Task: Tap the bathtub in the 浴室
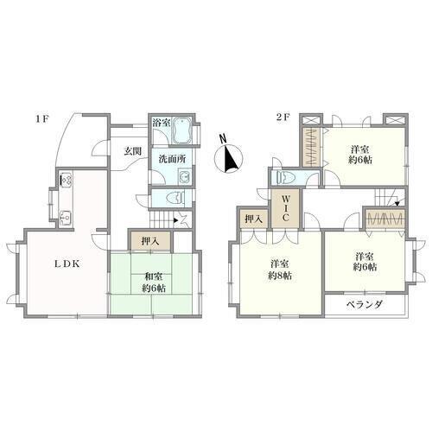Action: pyautogui.click(x=182, y=130)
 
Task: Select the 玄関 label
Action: pyautogui.click(x=133, y=151)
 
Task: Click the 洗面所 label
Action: pyautogui.click(x=172, y=159)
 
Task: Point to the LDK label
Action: pyautogui.click(x=67, y=264)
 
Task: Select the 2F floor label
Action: pyautogui.click(x=283, y=118)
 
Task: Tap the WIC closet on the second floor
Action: pyautogui.click(x=286, y=208)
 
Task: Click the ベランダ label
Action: pyautogui.click(x=365, y=304)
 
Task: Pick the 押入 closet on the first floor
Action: pyautogui.click(x=150, y=241)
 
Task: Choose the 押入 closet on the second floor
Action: pyautogui.click(x=254, y=219)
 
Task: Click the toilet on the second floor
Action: pyautogui.click(x=286, y=177)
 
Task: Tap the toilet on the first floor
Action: pyautogui.click(x=176, y=197)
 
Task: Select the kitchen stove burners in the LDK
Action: pyautogui.click(x=67, y=180)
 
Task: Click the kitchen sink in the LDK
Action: pyautogui.click(x=66, y=217)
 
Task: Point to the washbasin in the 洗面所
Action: pyautogui.click(x=185, y=175)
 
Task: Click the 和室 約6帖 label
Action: pyautogui.click(x=154, y=283)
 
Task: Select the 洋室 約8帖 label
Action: pyautogui.click(x=280, y=270)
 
